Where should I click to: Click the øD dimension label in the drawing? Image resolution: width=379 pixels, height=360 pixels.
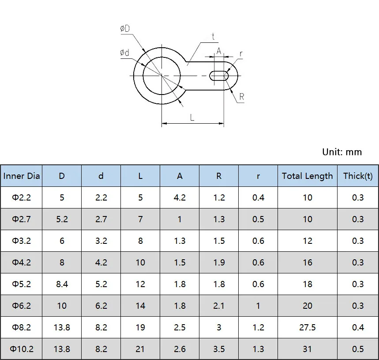click(125, 28)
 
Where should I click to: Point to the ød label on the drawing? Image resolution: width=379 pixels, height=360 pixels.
click(125, 53)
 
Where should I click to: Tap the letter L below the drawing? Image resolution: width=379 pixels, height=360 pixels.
click(192, 117)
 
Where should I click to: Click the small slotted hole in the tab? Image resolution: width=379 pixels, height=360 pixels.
click(219, 76)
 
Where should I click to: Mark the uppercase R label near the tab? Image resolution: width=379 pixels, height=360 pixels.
click(242, 97)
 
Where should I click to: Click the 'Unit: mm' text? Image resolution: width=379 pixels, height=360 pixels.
click(341, 152)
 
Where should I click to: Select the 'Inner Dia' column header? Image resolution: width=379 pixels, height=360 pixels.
click(22, 176)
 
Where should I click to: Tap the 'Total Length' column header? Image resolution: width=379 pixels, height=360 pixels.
click(307, 176)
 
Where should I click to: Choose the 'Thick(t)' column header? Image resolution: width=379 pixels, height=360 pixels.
click(358, 176)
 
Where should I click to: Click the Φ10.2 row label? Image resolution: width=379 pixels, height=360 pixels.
click(22, 349)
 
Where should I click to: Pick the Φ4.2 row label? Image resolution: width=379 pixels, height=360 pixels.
click(22, 262)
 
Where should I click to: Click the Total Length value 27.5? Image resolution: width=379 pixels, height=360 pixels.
click(307, 327)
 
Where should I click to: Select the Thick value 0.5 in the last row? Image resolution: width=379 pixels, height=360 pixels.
click(358, 349)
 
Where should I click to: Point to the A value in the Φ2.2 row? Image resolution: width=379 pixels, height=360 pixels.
click(180, 197)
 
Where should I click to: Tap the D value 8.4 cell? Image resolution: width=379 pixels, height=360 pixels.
click(62, 284)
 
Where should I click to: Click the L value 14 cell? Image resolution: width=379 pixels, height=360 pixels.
click(140, 306)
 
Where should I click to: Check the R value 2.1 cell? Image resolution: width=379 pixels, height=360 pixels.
click(219, 306)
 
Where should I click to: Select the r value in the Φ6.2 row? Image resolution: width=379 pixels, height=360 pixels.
click(258, 306)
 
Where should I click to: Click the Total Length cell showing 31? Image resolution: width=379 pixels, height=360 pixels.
click(307, 349)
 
